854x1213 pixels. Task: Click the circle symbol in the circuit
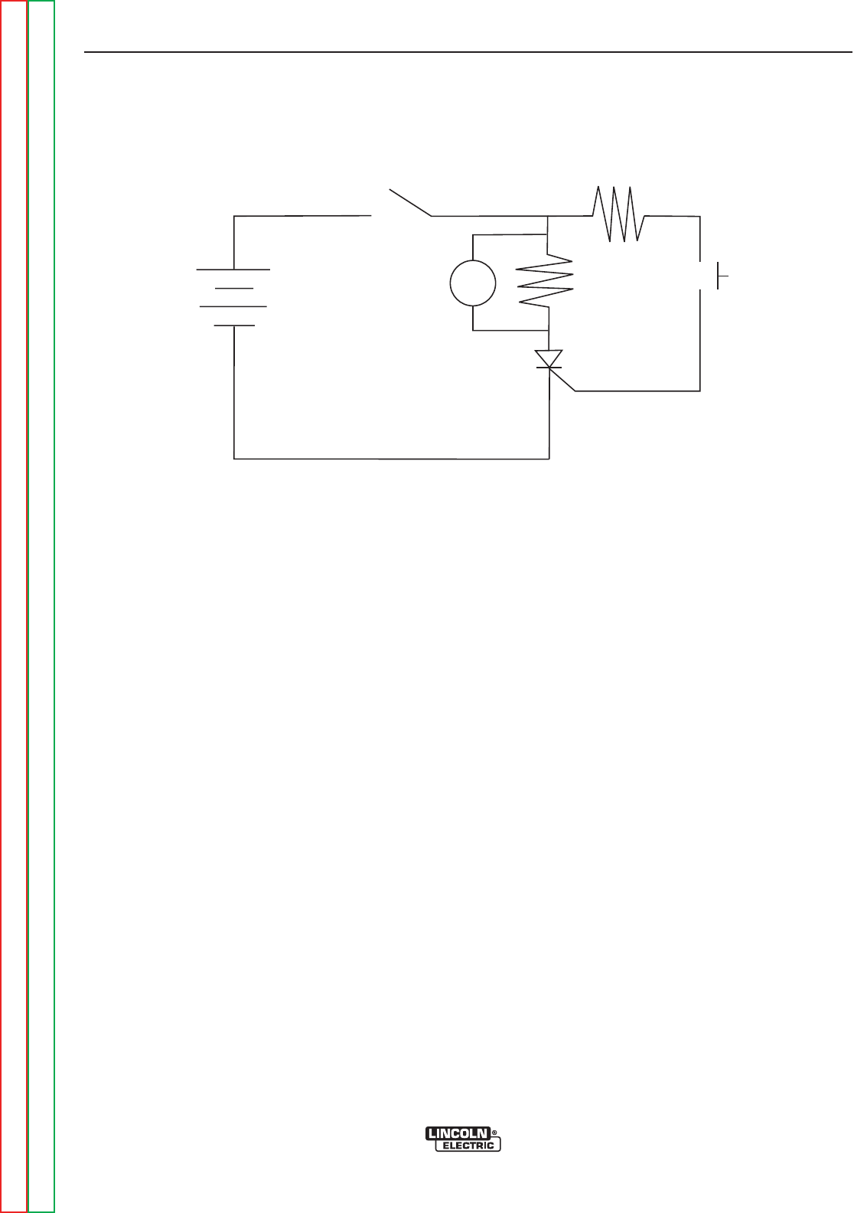[x=473, y=282]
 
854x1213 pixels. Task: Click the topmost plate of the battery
[x=233, y=270]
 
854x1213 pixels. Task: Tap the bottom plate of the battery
[x=233, y=325]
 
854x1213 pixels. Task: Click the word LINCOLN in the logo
[x=458, y=1133]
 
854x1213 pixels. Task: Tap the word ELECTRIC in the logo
[x=468, y=1146]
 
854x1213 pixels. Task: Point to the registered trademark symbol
[x=495, y=1131]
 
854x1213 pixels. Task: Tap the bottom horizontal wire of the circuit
[x=390, y=459]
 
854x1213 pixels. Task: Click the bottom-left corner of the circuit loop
[x=233, y=459]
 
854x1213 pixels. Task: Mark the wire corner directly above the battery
[x=234, y=217]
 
